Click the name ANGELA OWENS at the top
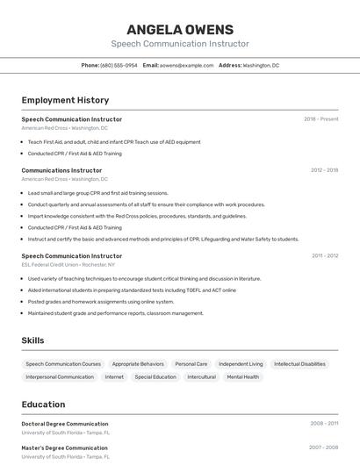click(x=180, y=29)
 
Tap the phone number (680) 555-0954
click(x=119, y=66)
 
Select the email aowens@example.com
click(x=186, y=66)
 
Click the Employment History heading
click(x=65, y=100)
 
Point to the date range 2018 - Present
click(x=320, y=119)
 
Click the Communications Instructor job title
click(x=61, y=170)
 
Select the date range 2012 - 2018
click(x=324, y=170)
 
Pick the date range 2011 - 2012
click(x=324, y=256)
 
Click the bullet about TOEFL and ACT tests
click(x=132, y=290)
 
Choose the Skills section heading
click(x=32, y=340)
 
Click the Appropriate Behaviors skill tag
click(x=138, y=364)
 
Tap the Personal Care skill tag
click(x=191, y=364)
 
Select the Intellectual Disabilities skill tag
click(x=299, y=364)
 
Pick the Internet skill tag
click(x=114, y=377)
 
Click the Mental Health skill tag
click(x=242, y=377)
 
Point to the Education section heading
click(x=43, y=404)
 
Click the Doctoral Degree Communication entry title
click(x=65, y=424)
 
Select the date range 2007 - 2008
click(x=323, y=447)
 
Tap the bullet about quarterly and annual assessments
click(x=146, y=204)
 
